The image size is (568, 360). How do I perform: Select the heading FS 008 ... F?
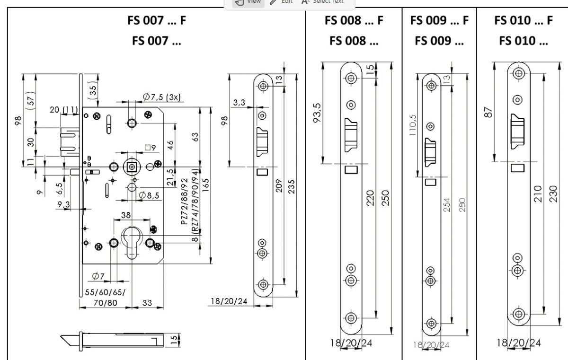354,22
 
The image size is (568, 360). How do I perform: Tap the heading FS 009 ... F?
440,22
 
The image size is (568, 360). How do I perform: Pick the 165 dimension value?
206,186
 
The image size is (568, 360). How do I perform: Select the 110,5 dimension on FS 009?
414,124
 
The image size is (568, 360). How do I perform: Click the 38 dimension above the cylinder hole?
126,214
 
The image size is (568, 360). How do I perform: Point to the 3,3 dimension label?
240,103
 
